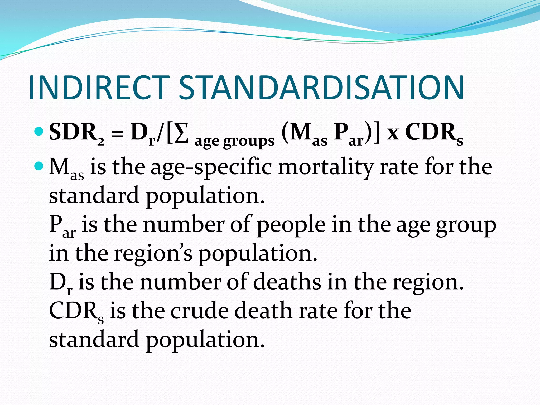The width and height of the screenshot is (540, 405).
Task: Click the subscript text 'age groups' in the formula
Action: click(x=234, y=141)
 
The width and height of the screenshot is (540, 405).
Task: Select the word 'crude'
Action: click(x=199, y=311)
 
